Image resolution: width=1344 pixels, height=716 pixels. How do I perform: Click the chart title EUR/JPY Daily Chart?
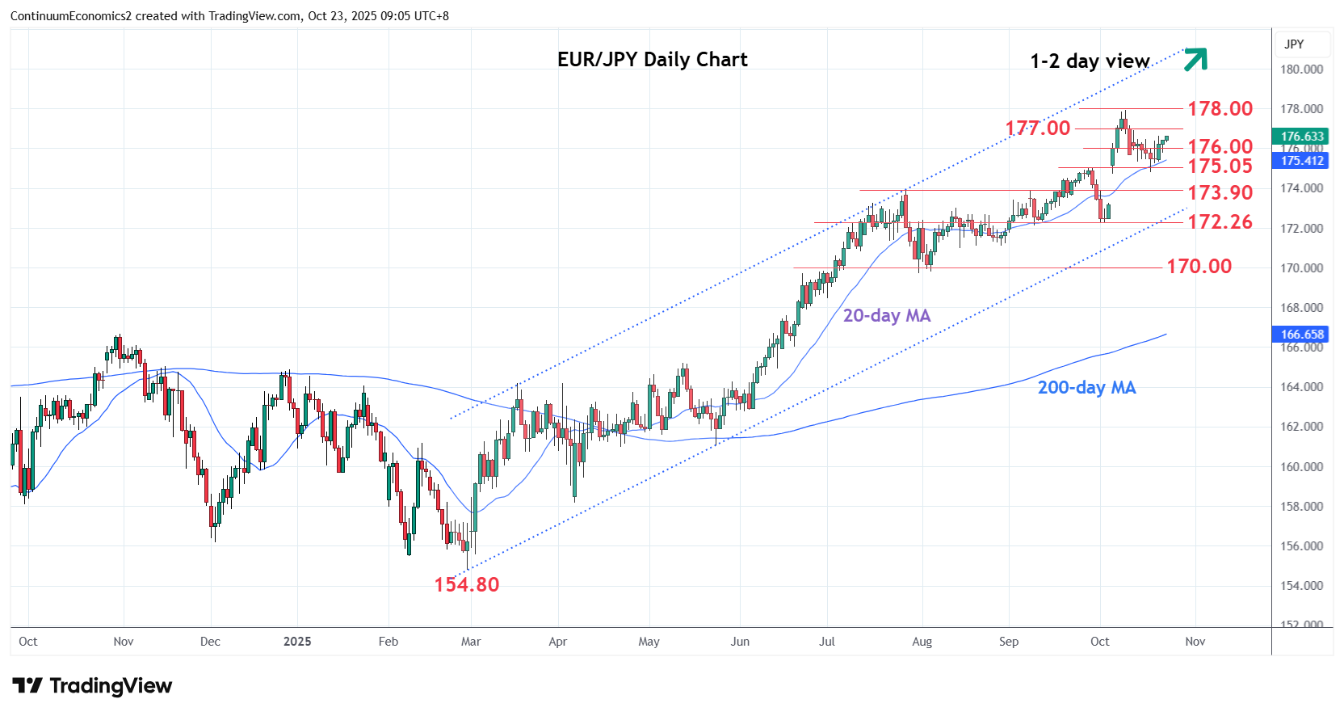[652, 60]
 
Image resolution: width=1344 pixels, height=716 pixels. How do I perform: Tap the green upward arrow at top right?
[1195, 59]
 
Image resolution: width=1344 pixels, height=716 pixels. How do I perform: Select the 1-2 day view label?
[1090, 61]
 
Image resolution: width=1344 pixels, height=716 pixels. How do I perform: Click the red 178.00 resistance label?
[1220, 108]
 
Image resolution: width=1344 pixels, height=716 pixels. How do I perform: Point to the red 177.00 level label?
[1037, 128]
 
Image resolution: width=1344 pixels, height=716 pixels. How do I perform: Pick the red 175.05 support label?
[1220, 166]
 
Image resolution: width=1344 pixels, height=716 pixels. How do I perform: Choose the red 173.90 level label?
[1220, 192]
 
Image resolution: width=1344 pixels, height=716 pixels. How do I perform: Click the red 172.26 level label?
[1220, 221]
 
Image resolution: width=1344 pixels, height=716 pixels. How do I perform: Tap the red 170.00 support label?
[1199, 266]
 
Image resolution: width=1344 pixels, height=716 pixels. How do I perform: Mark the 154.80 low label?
[467, 584]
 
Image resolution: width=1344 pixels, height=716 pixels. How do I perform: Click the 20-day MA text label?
[886, 315]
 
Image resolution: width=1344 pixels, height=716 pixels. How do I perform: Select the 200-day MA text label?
[1086, 387]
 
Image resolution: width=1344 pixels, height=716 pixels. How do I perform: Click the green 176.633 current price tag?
[1302, 137]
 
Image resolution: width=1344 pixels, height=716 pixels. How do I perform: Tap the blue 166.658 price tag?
[1302, 334]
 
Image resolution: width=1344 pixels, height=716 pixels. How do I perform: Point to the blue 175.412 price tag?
[1302, 160]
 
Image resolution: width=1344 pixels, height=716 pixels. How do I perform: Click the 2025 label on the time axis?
[297, 641]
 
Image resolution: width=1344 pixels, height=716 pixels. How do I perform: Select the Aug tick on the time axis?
[922, 641]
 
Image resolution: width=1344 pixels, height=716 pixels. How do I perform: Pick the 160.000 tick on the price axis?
[1301, 466]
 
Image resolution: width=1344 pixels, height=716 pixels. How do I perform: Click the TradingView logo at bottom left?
[92, 686]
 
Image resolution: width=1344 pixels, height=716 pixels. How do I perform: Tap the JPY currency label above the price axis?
[1294, 44]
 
